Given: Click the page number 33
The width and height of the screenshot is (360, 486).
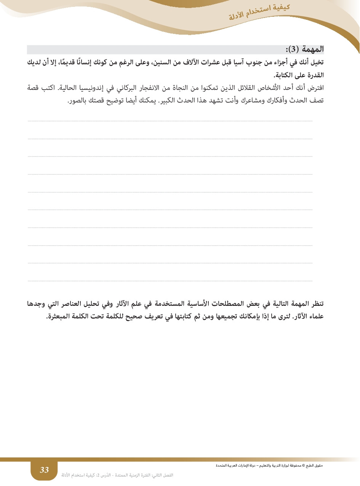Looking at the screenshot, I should [x=45, y=470].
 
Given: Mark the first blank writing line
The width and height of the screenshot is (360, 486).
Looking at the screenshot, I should [x=170, y=121].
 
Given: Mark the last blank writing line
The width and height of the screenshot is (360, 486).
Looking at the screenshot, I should [x=170, y=281].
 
